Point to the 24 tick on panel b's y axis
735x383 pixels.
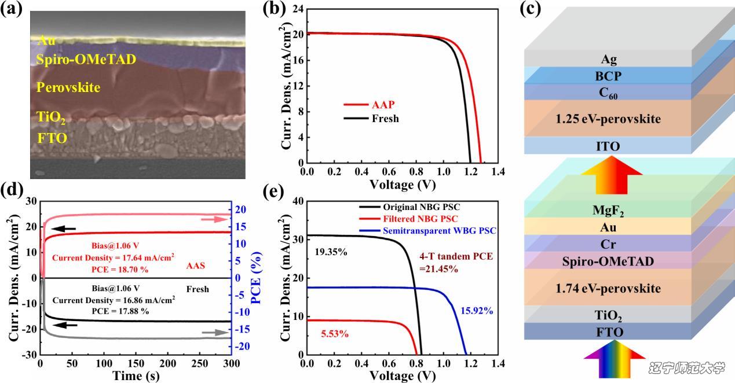[299, 9]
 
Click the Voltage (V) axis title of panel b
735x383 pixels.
[403, 185]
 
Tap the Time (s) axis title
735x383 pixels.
[135, 376]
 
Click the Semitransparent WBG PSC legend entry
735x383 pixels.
[440, 231]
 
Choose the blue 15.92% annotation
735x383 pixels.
[476, 311]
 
